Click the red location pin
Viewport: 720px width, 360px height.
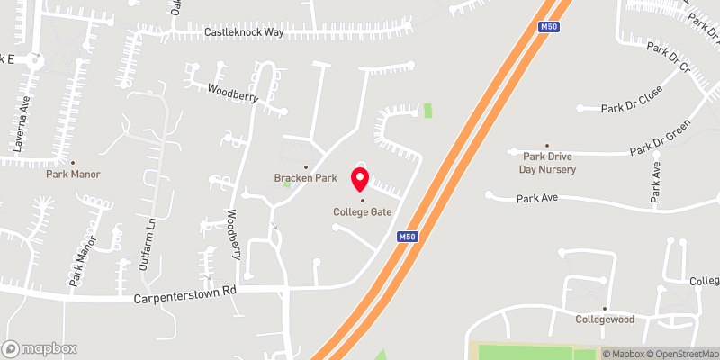(360, 177)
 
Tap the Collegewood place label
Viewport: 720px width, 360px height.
(606, 319)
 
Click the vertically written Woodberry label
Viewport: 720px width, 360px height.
(233, 234)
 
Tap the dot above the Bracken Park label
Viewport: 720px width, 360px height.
(305, 166)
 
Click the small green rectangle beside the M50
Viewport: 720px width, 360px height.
(427, 111)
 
